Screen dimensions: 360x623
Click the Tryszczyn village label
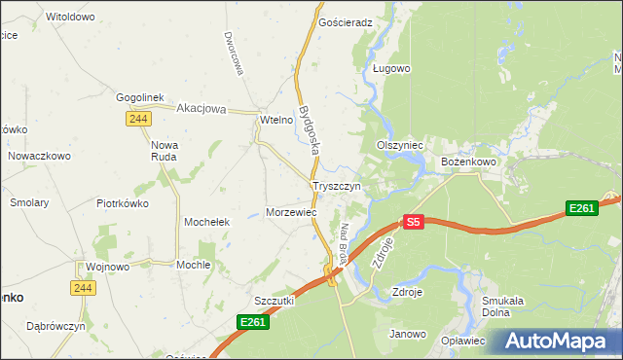tap(337, 185)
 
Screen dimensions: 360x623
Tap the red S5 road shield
tap(414, 222)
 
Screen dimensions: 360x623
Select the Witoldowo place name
tap(70, 18)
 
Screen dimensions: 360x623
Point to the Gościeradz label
tap(347, 21)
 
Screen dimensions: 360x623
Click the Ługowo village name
tap(392, 69)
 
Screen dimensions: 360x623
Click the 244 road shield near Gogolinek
tap(136, 118)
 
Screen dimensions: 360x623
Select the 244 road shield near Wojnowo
tap(83, 288)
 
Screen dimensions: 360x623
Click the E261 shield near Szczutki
tap(252, 322)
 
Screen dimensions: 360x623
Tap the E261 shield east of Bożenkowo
tap(581, 208)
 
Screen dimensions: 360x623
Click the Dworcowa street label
tap(232, 50)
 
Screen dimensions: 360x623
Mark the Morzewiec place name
tap(292, 211)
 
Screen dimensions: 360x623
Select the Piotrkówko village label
tap(122, 203)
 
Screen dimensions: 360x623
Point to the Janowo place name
tap(408, 334)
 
